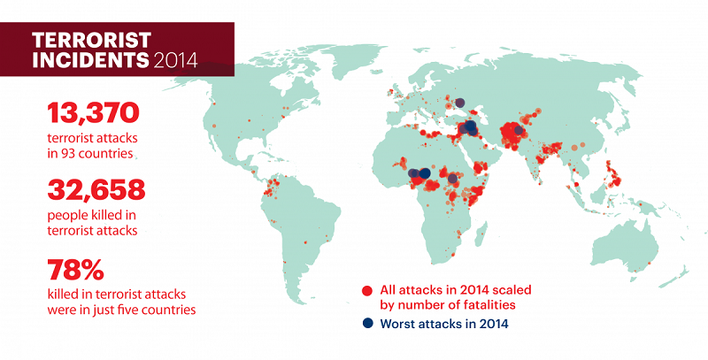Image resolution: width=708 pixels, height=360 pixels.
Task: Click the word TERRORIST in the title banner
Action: click(92, 41)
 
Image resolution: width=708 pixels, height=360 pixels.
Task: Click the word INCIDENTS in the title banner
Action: click(90, 60)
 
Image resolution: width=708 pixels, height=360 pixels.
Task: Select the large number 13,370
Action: click(93, 113)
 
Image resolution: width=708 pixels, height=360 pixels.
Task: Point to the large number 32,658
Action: click(96, 190)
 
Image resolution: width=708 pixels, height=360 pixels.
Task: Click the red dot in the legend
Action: click(367, 290)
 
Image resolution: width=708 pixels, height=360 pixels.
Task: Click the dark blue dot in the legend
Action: click(368, 323)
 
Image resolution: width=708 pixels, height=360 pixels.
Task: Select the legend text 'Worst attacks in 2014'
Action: click(444, 324)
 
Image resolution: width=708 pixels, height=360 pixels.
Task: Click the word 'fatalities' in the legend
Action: click(489, 305)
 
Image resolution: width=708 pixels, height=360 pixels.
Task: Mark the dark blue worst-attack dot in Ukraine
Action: click(459, 103)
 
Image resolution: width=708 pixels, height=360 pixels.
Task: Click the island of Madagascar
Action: click(481, 234)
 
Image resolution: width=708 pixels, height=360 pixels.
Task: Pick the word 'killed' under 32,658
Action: click(107, 215)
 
